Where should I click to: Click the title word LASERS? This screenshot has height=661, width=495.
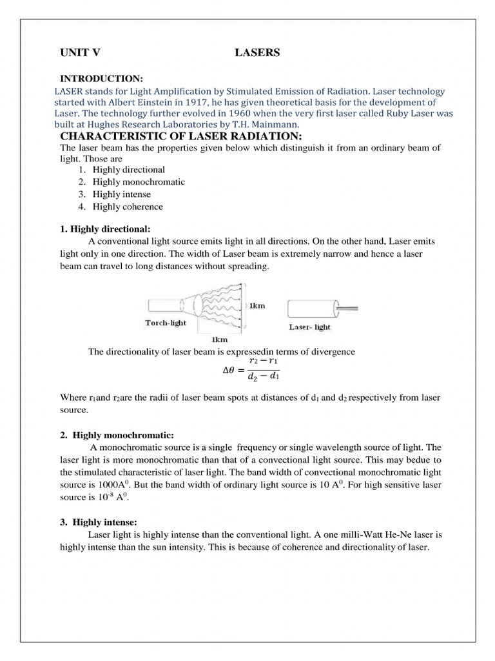tap(257, 53)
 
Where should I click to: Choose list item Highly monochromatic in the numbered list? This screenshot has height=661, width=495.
tap(139, 182)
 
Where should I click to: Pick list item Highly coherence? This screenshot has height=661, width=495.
tap(128, 207)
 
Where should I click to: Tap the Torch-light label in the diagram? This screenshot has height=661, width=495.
tap(166, 323)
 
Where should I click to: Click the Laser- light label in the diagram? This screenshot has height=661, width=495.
tap(309, 327)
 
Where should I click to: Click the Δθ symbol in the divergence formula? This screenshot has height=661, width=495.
tap(230, 371)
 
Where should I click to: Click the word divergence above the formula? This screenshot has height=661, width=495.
tap(328, 352)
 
